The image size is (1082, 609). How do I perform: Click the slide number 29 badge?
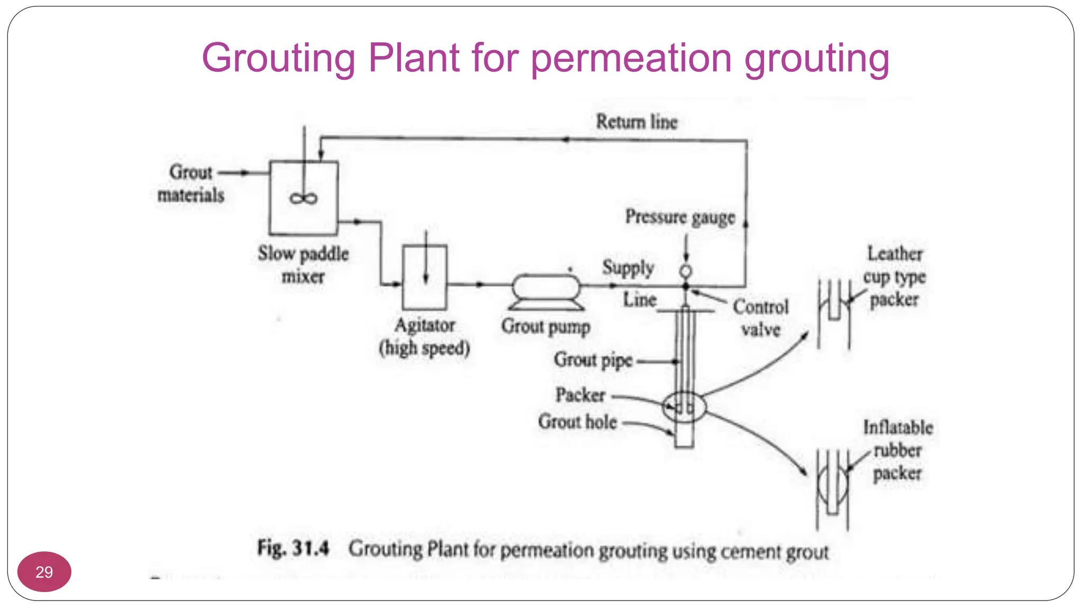coord(44,571)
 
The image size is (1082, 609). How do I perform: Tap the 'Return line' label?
coord(637,122)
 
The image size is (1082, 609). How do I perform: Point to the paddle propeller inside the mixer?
coord(303,198)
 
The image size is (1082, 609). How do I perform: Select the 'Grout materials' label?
coord(191,183)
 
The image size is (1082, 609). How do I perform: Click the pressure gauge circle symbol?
coord(685,272)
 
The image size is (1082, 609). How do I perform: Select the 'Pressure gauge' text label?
coord(680,217)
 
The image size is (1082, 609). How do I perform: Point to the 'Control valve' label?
coord(761,318)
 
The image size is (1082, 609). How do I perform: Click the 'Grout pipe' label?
coord(593,360)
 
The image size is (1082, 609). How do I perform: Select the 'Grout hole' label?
coord(577,422)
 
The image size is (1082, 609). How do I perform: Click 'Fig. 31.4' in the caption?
coord(293,548)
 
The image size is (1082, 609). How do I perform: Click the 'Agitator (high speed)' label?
coord(424,337)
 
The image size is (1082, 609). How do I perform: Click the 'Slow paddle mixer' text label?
coord(303,265)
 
